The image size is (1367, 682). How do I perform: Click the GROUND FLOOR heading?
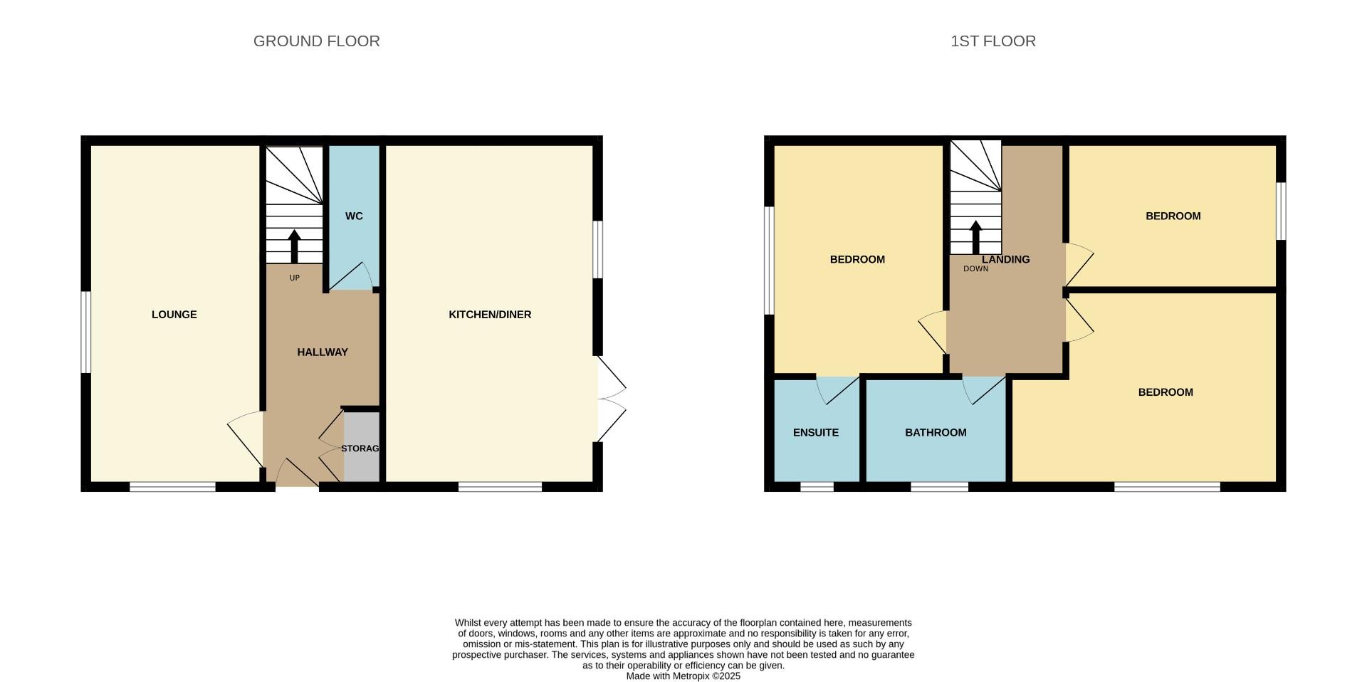(x=317, y=41)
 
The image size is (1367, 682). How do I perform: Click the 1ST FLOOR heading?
(x=993, y=41)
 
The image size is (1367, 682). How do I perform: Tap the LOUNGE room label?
(x=174, y=315)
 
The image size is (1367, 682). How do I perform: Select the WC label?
(x=354, y=216)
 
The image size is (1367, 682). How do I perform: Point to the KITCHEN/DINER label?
(x=490, y=315)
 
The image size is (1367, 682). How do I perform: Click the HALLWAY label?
(x=323, y=352)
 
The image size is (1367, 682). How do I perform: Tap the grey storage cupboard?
(x=362, y=447)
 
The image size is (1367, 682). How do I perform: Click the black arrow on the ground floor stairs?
(x=294, y=246)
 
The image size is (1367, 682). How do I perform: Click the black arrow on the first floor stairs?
(x=975, y=238)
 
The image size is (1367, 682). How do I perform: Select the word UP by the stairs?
(x=295, y=278)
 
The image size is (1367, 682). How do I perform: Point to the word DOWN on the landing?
(x=976, y=269)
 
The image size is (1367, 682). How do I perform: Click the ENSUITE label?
(x=816, y=433)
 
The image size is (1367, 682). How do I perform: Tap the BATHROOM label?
(x=936, y=433)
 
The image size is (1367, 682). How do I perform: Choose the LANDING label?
(x=1006, y=260)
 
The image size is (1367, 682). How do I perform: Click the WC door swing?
(x=363, y=271)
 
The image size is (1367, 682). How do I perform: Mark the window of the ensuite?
(x=817, y=487)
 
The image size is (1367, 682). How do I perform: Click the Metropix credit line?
(x=683, y=676)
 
